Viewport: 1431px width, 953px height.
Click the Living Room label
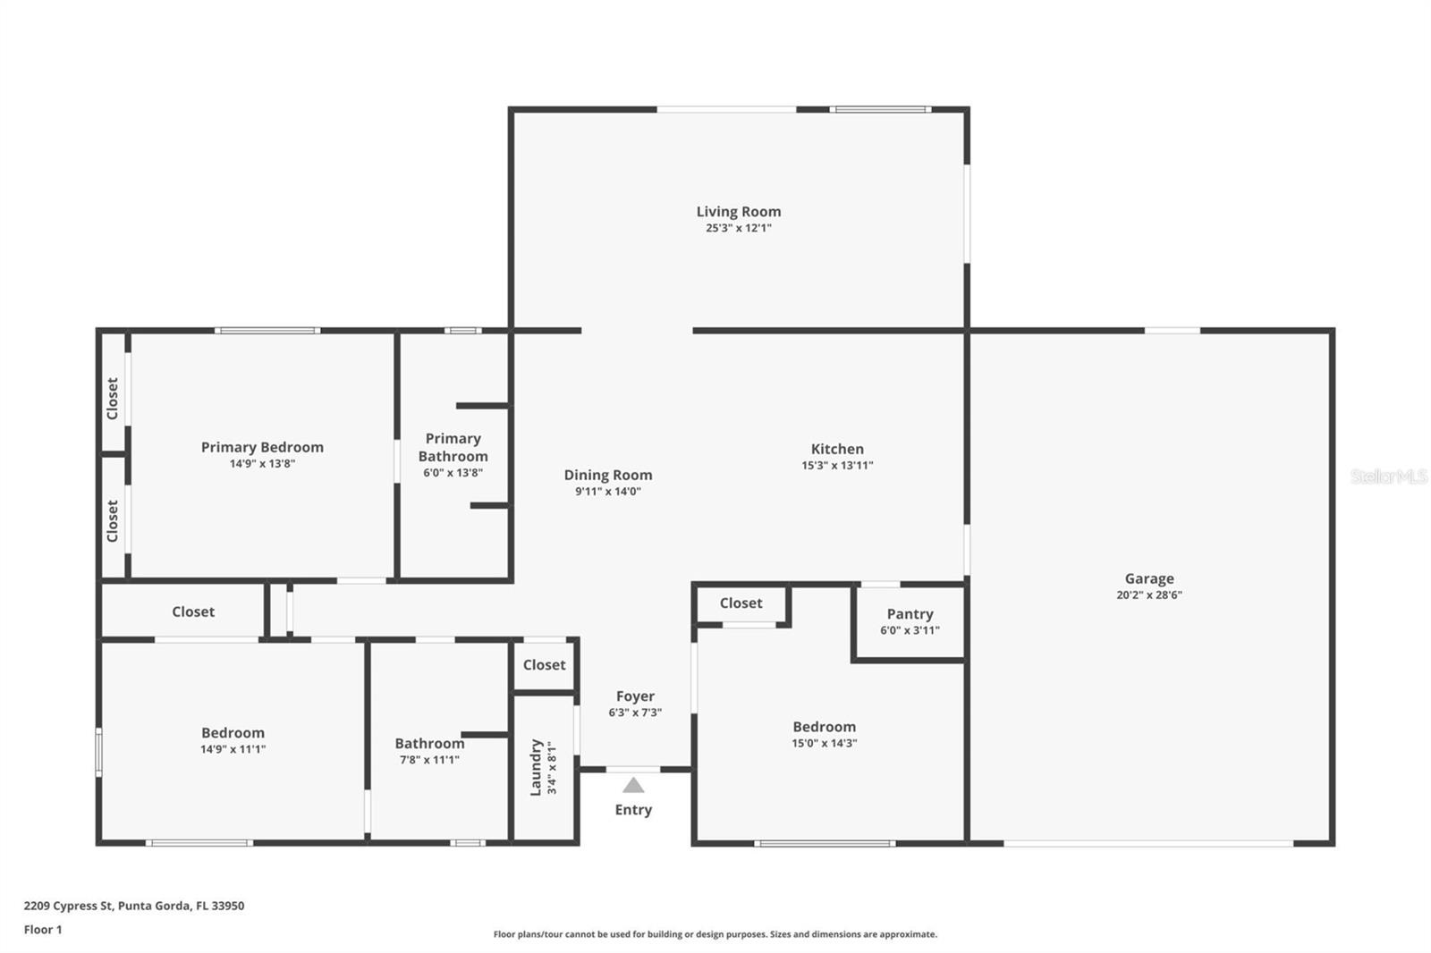[738, 212]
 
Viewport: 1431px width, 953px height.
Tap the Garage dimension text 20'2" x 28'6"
[1148, 595]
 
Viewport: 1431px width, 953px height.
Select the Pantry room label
[910, 614]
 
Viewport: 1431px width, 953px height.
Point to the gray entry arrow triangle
[633, 785]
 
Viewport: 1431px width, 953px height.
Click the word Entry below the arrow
[633, 810]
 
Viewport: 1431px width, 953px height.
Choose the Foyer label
[635, 696]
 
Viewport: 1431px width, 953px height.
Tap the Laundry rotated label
[537, 767]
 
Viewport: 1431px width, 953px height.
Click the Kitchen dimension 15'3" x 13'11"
[837, 466]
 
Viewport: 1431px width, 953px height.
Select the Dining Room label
[607, 476]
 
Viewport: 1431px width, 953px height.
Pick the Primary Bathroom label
[453, 447]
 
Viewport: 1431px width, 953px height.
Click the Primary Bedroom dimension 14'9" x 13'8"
[262, 464]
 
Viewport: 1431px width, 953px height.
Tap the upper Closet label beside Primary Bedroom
[113, 398]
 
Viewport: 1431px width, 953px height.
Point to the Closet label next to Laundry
[544, 665]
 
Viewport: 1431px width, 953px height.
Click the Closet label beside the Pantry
[741, 603]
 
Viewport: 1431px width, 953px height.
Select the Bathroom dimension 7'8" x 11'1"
[429, 760]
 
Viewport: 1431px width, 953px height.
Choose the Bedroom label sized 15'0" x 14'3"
[824, 728]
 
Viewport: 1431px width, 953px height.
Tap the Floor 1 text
[43, 930]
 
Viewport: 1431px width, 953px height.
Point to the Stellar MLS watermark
[1388, 476]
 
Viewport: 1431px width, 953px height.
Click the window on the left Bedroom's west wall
[98, 751]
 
